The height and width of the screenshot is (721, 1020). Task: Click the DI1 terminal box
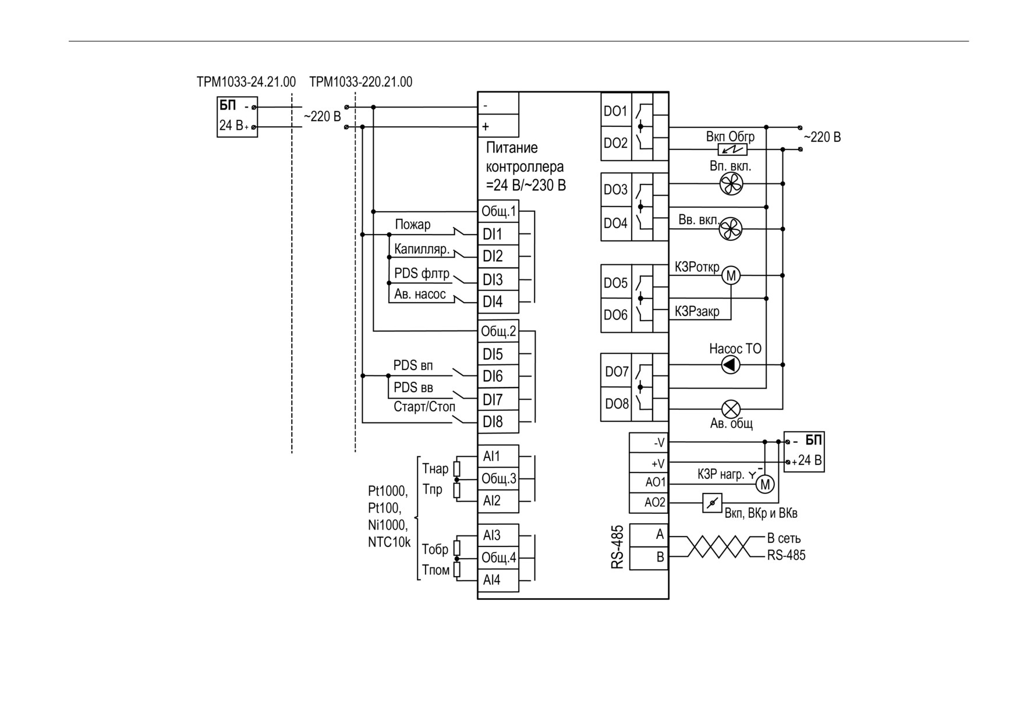pyautogui.click(x=498, y=234)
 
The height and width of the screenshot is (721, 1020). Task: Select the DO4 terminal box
pyautogui.click(x=616, y=223)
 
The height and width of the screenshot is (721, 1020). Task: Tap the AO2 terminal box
pyautogui.click(x=649, y=502)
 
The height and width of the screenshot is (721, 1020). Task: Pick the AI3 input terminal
pyautogui.click(x=498, y=535)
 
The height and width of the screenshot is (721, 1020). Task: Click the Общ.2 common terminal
pyautogui.click(x=498, y=331)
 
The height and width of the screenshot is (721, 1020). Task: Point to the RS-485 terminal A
pyautogui.click(x=649, y=534)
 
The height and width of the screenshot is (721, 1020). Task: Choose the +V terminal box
pyautogui.click(x=649, y=463)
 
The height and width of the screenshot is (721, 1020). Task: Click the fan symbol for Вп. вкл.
pyautogui.click(x=731, y=184)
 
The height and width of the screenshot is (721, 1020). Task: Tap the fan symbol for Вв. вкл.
pyautogui.click(x=731, y=229)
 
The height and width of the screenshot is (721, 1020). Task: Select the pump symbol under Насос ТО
pyautogui.click(x=731, y=365)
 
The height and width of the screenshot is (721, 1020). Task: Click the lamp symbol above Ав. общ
pyautogui.click(x=731, y=409)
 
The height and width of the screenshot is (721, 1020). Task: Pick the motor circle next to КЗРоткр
pyautogui.click(x=731, y=275)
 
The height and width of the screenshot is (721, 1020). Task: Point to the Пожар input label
pyautogui.click(x=413, y=225)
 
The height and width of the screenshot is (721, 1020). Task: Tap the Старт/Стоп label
pyautogui.click(x=424, y=407)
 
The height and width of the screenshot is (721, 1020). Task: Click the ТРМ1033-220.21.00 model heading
pyautogui.click(x=361, y=82)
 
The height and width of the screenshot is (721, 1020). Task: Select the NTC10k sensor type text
pyautogui.click(x=389, y=542)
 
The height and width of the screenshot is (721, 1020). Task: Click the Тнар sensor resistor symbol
pyautogui.click(x=457, y=468)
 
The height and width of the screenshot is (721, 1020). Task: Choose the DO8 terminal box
pyautogui.click(x=616, y=404)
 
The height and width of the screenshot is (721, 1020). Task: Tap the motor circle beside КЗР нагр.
pyautogui.click(x=765, y=484)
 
